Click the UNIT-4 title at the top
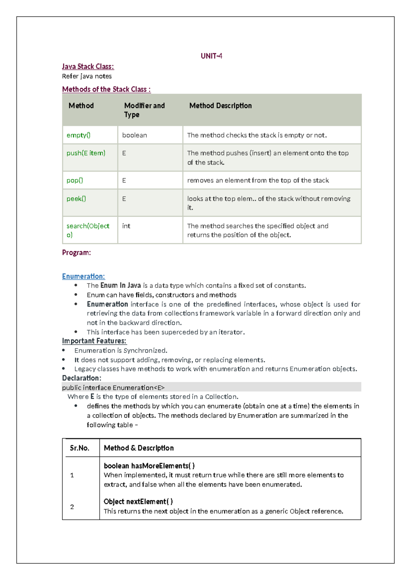point(211,56)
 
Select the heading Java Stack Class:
point(88,67)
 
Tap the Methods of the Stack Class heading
point(106,89)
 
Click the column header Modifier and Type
point(144,110)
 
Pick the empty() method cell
point(78,135)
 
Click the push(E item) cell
point(86,153)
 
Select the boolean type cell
point(135,135)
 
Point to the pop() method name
point(75,180)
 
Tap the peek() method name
point(76,199)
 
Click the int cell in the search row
point(126,226)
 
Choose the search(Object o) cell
point(88,230)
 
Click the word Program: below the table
point(76,253)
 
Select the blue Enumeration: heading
point(83,276)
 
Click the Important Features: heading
point(94,341)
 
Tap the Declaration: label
point(82,378)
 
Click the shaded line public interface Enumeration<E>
point(113,387)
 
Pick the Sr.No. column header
point(79,448)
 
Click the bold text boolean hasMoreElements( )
point(149,466)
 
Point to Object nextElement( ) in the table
point(138,502)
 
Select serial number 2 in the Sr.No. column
point(72,507)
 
